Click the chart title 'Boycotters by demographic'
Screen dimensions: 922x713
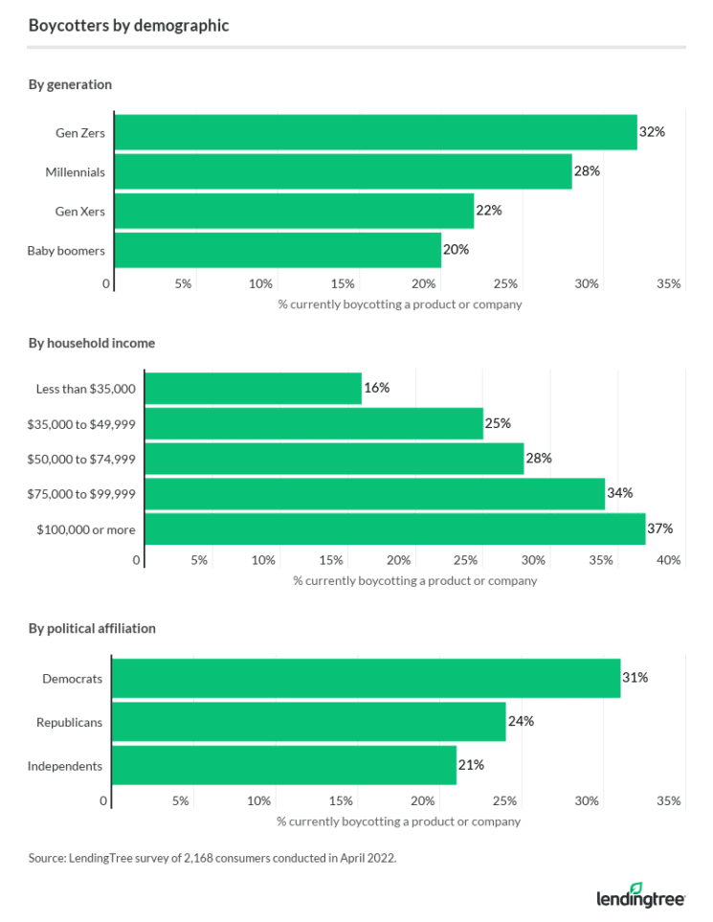coord(128,26)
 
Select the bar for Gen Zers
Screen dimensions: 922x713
coord(375,132)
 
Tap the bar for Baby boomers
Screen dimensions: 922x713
coord(278,250)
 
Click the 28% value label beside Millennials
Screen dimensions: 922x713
coord(587,171)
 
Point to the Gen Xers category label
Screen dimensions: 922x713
coord(79,211)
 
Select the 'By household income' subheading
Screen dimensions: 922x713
coord(92,343)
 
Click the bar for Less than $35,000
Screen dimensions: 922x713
coord(253,389)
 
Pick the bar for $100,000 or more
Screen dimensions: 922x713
coord(394,528)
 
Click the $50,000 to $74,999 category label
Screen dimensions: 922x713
coord(85,459)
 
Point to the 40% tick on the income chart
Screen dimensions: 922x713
coord(669,560)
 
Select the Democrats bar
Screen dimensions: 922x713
coord(367,678)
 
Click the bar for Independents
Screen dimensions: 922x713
coord(284,765)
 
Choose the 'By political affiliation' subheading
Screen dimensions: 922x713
coord(92,629)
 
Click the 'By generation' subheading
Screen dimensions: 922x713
coord(70,84)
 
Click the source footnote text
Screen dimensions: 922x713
coord(212,859)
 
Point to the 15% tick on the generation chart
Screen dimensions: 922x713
coord(343,284)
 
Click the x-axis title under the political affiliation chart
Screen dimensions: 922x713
coord(399,821)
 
